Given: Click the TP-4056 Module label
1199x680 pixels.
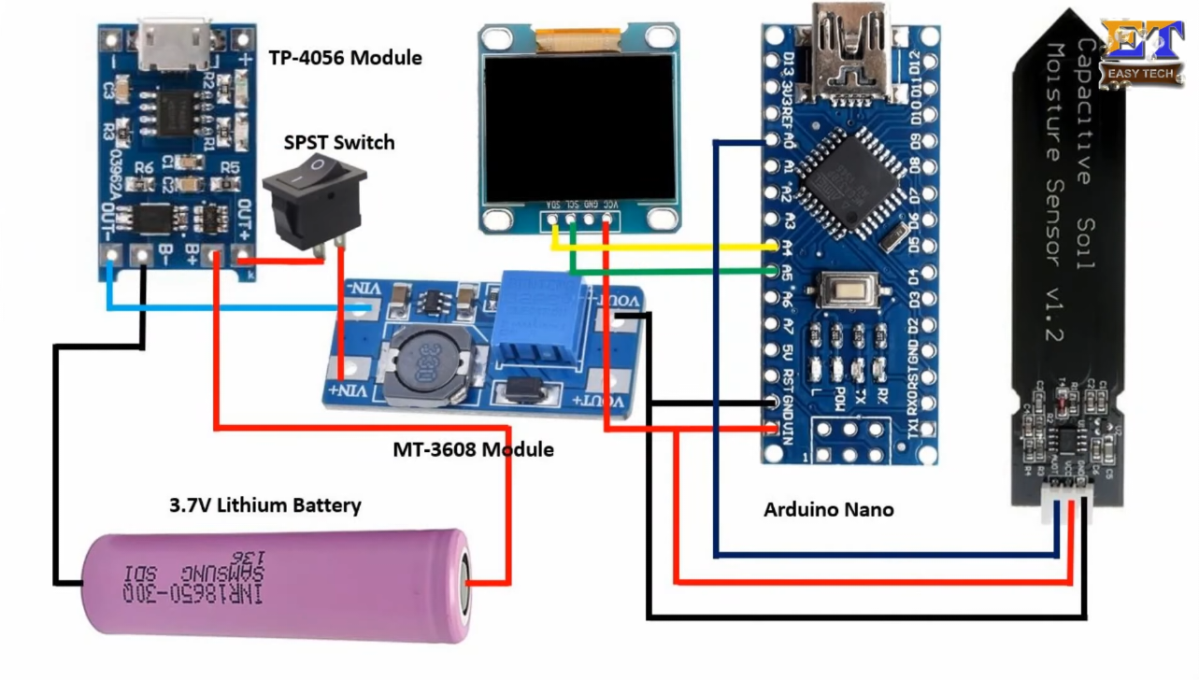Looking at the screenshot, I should click(x=345, y=58).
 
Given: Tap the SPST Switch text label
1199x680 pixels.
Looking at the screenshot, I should click(x=338, y=143).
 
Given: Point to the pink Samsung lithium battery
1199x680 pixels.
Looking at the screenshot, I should click(x=277, y=587).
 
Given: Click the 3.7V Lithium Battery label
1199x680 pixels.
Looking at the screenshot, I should click(x=264, y=506).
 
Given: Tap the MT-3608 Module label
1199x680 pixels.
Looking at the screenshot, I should click(x=473, y=450).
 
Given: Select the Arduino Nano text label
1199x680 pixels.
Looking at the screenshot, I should click(x=828, y=510).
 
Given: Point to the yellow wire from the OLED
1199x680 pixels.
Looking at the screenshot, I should click(x=673, y=248).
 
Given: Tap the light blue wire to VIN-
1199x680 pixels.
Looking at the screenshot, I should click(x=234, y=307).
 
